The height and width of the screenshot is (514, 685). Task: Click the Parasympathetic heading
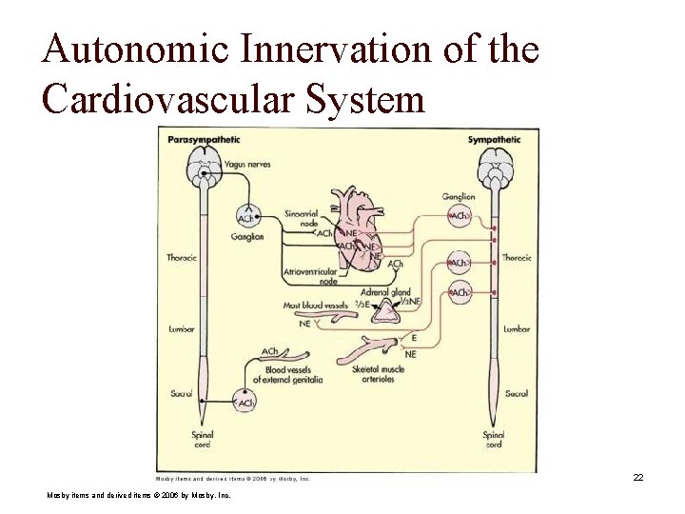click(204, 140)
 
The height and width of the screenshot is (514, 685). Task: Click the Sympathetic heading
click(494, 140)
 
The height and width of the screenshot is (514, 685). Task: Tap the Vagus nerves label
click(247, 165)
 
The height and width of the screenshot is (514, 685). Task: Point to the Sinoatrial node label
click(302, 218)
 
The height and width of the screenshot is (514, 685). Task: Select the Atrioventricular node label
click(310, 277)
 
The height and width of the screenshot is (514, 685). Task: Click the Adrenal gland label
click(385, 292)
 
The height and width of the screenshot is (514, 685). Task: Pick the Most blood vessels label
click(316, 306)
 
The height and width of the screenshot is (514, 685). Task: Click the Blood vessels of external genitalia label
click(294, 374)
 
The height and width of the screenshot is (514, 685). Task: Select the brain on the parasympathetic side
click(203, 170)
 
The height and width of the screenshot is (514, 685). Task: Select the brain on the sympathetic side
click(494, 171)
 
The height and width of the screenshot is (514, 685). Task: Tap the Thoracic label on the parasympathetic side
click(181, 257)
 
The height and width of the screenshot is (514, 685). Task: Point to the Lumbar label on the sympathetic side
click(518, 328)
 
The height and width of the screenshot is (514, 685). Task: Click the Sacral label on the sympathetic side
click(517, 393)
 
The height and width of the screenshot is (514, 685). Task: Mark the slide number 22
click(638, 477)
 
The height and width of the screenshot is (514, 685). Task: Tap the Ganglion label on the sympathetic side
click(459, 197)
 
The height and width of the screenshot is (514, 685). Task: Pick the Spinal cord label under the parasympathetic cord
click(202, 439)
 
